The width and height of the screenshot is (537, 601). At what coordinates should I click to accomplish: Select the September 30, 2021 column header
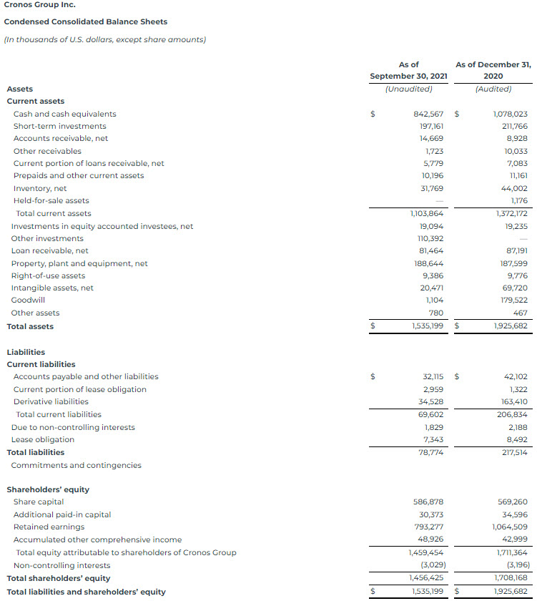point(408,70)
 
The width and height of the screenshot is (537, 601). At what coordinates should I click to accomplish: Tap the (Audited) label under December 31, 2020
point(493,89)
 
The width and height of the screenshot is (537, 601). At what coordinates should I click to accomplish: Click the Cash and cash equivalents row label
point(64,114)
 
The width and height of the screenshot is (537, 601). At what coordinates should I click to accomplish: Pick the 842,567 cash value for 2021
point(428,114)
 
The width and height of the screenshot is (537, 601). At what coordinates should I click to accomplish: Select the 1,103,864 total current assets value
point(427,213)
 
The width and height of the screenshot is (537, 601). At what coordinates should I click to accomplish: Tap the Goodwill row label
point(28,300)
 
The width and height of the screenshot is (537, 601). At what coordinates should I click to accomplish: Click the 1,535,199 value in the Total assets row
point(427,326)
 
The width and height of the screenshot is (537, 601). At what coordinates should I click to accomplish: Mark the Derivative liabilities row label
point(51,401)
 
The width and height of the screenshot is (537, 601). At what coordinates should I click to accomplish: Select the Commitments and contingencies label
point(76,465)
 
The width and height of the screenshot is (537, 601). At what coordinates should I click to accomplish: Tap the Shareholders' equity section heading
point(48,489)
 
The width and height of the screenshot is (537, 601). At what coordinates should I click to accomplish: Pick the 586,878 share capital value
point(429,502)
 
